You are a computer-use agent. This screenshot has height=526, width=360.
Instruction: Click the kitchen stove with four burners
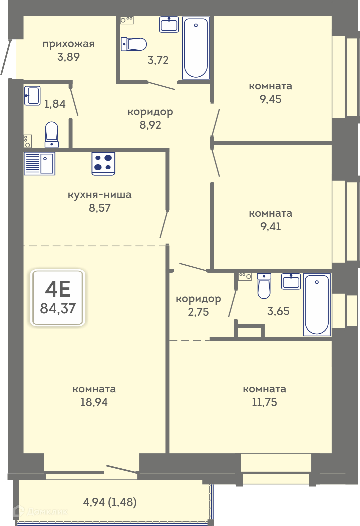click(103, 163)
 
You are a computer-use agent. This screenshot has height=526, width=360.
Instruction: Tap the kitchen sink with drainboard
click(39, 163)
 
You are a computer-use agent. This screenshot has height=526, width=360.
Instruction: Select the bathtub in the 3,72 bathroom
click(196, 48)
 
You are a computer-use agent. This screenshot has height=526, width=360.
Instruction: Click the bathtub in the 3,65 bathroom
click(317, 305)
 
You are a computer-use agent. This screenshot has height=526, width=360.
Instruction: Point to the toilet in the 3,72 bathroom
click(134, 44)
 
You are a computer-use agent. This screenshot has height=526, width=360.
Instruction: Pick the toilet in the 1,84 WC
click(52, 135)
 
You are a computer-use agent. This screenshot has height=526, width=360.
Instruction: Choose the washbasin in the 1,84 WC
click(32, 96)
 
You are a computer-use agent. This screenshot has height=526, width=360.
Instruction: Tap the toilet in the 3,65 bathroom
click(264, 286)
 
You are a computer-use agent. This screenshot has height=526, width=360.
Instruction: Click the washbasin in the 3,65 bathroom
click(291, 281)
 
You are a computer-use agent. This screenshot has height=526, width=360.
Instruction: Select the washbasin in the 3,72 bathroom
click(169, 24)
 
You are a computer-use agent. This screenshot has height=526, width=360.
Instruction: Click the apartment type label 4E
click(58, 289)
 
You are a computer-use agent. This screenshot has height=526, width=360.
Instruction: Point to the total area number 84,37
click(58, 308)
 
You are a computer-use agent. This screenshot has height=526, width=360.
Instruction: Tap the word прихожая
click(68, 44)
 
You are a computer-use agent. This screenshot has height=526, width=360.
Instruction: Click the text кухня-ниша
click(100, 195)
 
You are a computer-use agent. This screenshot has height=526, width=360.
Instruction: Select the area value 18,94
click(94, 402)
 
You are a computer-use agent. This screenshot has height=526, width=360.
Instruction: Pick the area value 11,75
click(265, 402)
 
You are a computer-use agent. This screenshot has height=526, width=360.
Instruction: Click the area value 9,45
click(271, 99)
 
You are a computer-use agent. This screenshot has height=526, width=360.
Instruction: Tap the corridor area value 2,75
click(198, 312)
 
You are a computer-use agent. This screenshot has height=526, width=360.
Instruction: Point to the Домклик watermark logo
click(41, 511)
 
